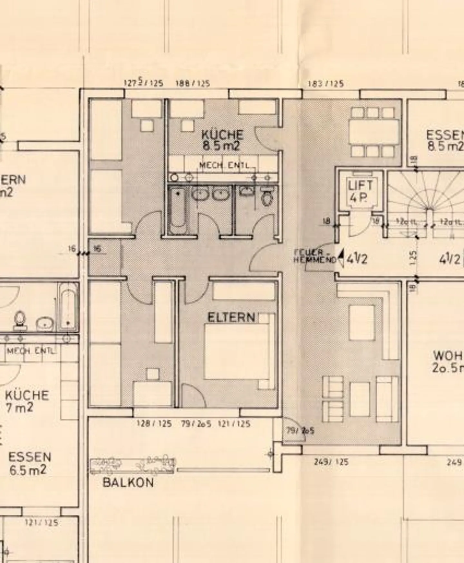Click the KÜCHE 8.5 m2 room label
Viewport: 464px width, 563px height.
pos(222,140)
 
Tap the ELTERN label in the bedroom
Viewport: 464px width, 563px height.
pos(231,318)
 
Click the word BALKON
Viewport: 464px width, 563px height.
pos(128,482)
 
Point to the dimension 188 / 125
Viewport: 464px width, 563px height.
pos(193,83)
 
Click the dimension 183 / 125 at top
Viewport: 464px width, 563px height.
pos(325,84)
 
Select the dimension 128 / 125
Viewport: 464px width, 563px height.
pos(154,424)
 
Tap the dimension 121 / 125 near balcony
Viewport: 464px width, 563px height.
pos(234,424)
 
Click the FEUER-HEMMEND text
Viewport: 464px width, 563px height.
pos(314,256)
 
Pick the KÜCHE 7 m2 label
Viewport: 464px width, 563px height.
pos(26,401)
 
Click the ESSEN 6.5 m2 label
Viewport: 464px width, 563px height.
pos(29,463)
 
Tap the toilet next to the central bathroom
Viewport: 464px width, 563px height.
pos(267,198)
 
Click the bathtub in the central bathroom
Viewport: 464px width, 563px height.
pos(178,209)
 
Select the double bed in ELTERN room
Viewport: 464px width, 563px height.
pos(237,351)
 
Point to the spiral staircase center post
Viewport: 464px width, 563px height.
pos(430,213)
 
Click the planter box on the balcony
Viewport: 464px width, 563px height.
pos(132,466)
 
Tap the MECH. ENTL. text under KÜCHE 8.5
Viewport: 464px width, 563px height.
pos(224,165)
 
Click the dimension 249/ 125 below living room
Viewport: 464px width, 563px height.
pos(331,462)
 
